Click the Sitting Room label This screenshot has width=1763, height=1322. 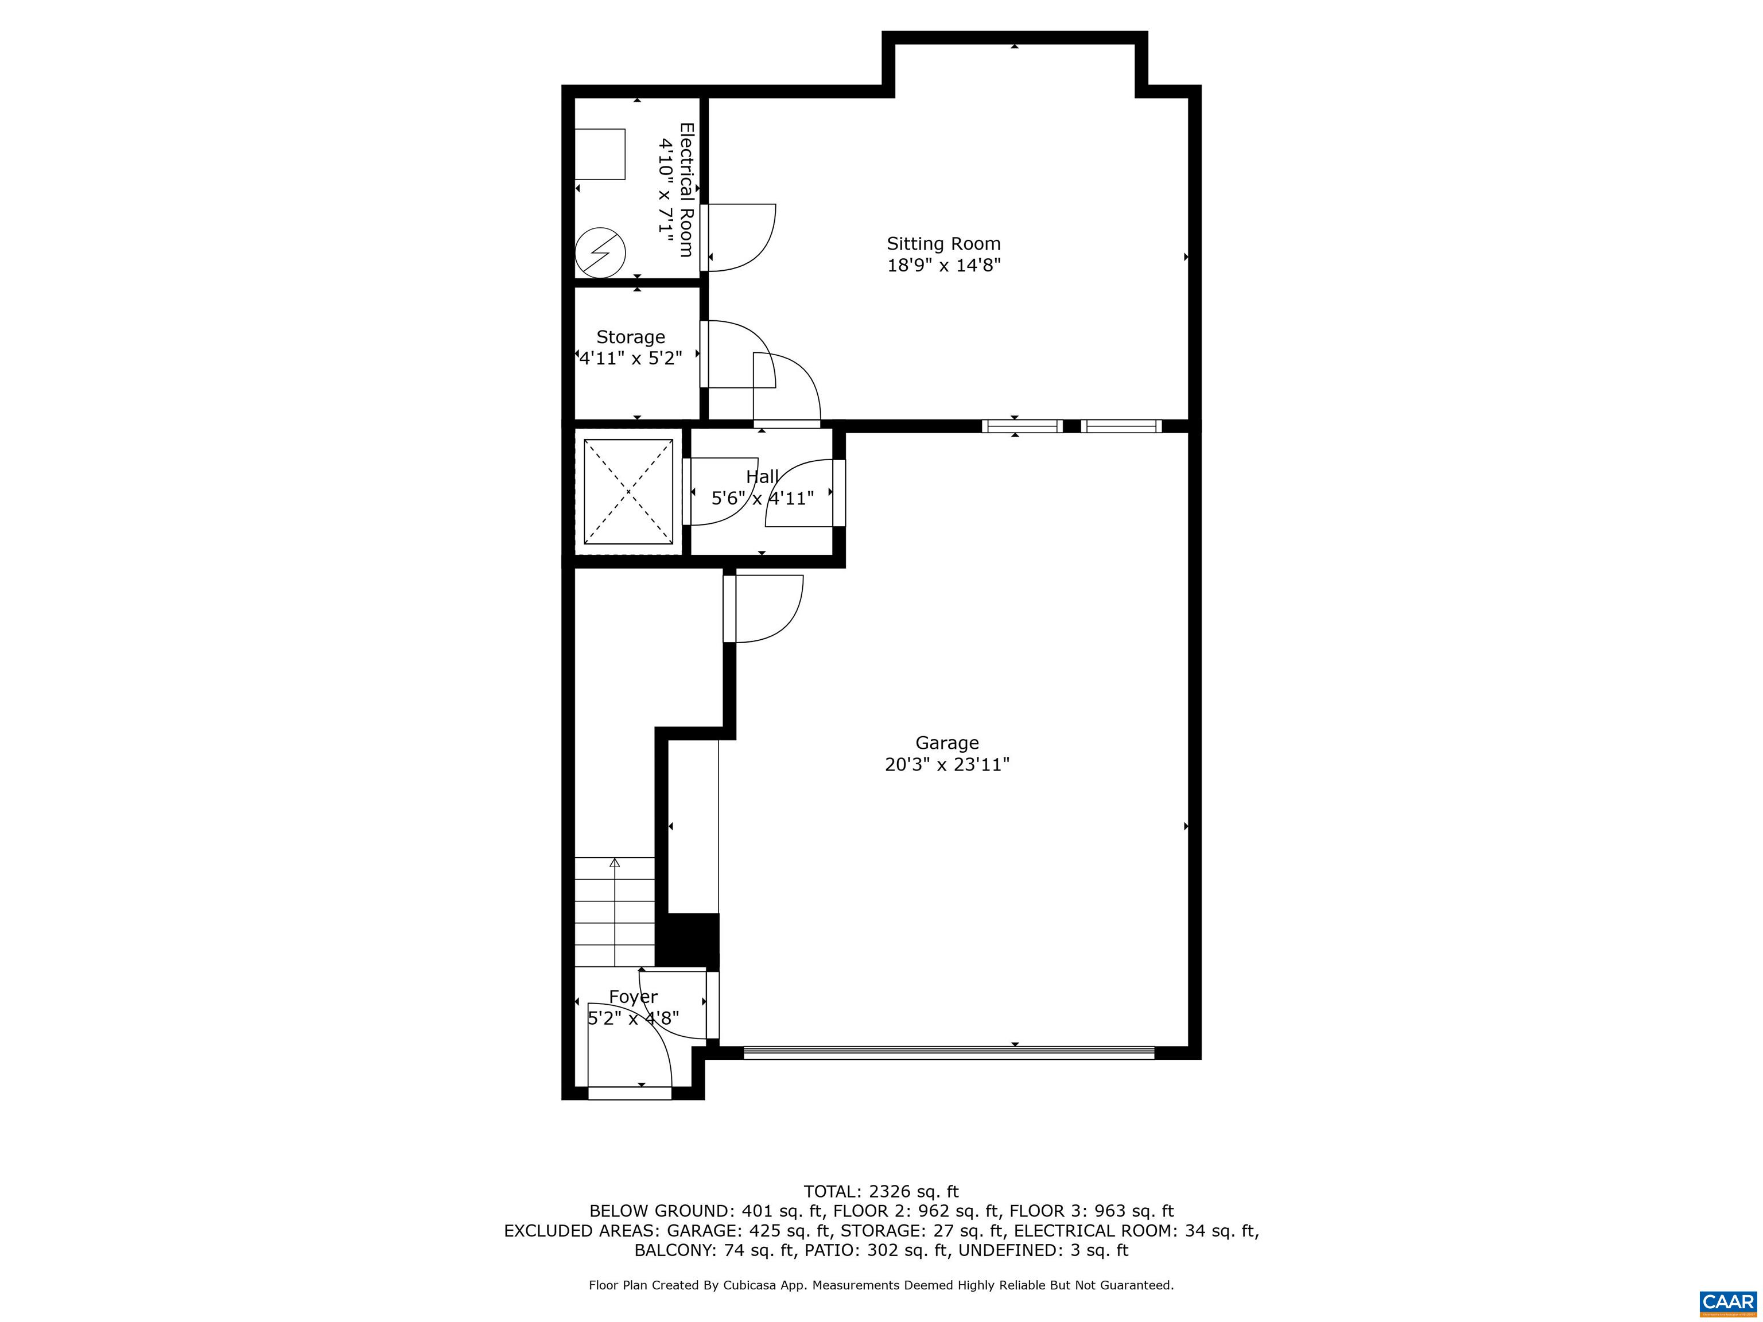coord(943,244)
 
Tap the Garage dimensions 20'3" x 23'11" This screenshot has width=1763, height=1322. coord(947,765)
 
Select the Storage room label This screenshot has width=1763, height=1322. coord(631,337)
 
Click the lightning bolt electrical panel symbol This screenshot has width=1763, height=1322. coord(600,252)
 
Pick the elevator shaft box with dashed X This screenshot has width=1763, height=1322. coord(628,492)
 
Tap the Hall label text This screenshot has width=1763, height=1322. coord(762,476)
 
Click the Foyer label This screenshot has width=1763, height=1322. coord(633,997)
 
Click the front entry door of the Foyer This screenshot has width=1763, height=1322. coord(630,1093)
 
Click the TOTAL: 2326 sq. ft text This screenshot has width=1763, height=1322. coord(881,1191)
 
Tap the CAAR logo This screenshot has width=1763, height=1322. coord(1727,1302)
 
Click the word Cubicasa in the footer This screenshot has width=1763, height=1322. coord(809,1285)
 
